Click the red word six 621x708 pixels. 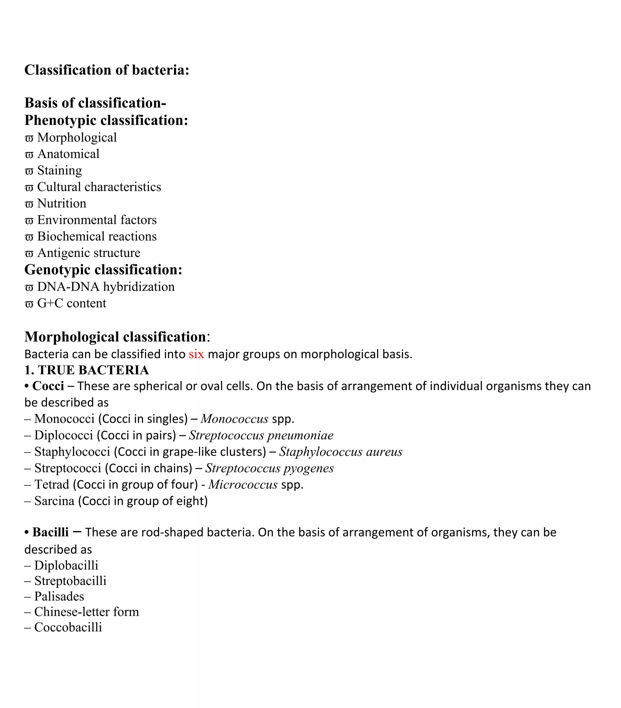[196, 354]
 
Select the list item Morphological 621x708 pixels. [77, 138]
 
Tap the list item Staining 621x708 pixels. [59, 170]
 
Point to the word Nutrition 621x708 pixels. [62, 203]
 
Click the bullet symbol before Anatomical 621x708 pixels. [29, 155]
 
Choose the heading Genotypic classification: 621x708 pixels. [103, 270]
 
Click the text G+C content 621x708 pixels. [71, 303]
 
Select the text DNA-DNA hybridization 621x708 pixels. [106, 287]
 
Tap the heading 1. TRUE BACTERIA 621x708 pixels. [86, 370]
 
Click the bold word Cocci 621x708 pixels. [48, 386]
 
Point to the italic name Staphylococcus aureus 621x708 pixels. [341, 452]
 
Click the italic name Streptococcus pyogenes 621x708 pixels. [270, 468]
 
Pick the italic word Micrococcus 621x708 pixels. [243, 485]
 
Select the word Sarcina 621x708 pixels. [54, 501]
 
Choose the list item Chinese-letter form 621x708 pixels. [86, 612]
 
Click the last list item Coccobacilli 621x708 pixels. [68, 627]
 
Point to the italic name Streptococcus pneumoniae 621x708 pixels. [261, 435]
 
